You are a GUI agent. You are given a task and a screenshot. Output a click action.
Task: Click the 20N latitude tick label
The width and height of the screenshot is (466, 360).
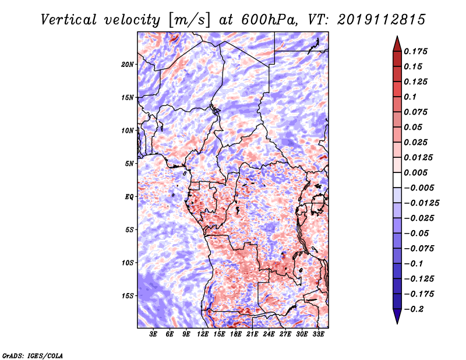click(x=128, y=64)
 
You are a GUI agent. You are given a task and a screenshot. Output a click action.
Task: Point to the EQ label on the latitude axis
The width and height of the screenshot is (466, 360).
click(x=129, y=196)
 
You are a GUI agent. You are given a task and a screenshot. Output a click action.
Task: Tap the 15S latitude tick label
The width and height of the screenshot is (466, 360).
click(x=128, y=296)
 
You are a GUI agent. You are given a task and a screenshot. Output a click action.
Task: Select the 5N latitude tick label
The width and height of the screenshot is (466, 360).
click(x=129, y=164)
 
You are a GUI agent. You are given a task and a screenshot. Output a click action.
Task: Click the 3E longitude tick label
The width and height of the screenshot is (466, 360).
click(x=153, y=334)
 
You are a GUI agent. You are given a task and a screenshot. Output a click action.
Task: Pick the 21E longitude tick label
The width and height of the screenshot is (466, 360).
click(x=252, y=334)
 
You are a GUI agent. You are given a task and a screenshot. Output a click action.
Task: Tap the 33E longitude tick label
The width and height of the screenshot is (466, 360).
click(x=318, y=334)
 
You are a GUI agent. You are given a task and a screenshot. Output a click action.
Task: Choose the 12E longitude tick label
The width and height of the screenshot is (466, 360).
click(x=203, y=334)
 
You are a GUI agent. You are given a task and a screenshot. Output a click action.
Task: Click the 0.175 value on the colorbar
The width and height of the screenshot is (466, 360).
click(x=415, y=51)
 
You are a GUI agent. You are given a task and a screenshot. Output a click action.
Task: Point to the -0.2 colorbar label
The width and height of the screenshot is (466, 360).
click(x=414, y=309)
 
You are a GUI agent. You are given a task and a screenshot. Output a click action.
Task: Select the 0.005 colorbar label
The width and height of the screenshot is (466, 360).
click(x=415, y=172)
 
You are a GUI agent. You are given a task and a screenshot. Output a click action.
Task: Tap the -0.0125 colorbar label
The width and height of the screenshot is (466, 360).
click(x=421, y=203)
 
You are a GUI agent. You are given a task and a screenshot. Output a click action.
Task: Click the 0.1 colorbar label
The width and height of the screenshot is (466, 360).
click(x=410, y=97)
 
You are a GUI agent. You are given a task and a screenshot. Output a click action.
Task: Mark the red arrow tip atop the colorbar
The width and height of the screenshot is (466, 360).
click(x=397, y=36)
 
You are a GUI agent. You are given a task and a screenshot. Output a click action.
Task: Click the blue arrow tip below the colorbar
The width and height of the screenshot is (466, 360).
click(x=397, y=323)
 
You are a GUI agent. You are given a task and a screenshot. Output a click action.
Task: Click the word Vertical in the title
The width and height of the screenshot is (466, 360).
click(x=68, y=20)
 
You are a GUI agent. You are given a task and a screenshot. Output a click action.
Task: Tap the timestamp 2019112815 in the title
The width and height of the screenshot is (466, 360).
click(x=382, y=20)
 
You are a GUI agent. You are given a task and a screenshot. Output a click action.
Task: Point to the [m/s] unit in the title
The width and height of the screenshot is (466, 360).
click(x=189, y=20)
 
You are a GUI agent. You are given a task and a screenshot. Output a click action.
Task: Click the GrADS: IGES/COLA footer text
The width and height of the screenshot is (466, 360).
click(x=33, y=355)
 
